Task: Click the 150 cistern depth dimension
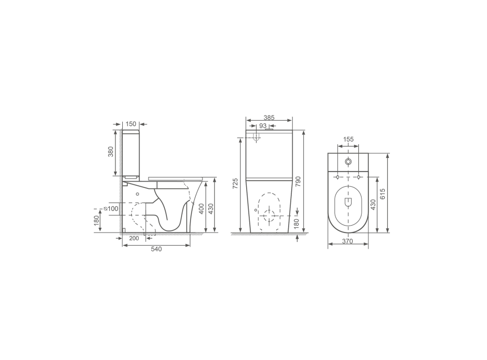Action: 131,124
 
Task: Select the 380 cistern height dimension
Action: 111,152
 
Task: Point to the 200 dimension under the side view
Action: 134,239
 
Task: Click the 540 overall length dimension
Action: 156,249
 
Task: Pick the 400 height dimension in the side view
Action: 202,208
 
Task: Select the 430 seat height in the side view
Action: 211,208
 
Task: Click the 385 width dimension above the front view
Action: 269,118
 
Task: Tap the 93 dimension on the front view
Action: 263,126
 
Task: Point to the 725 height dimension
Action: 235,183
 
